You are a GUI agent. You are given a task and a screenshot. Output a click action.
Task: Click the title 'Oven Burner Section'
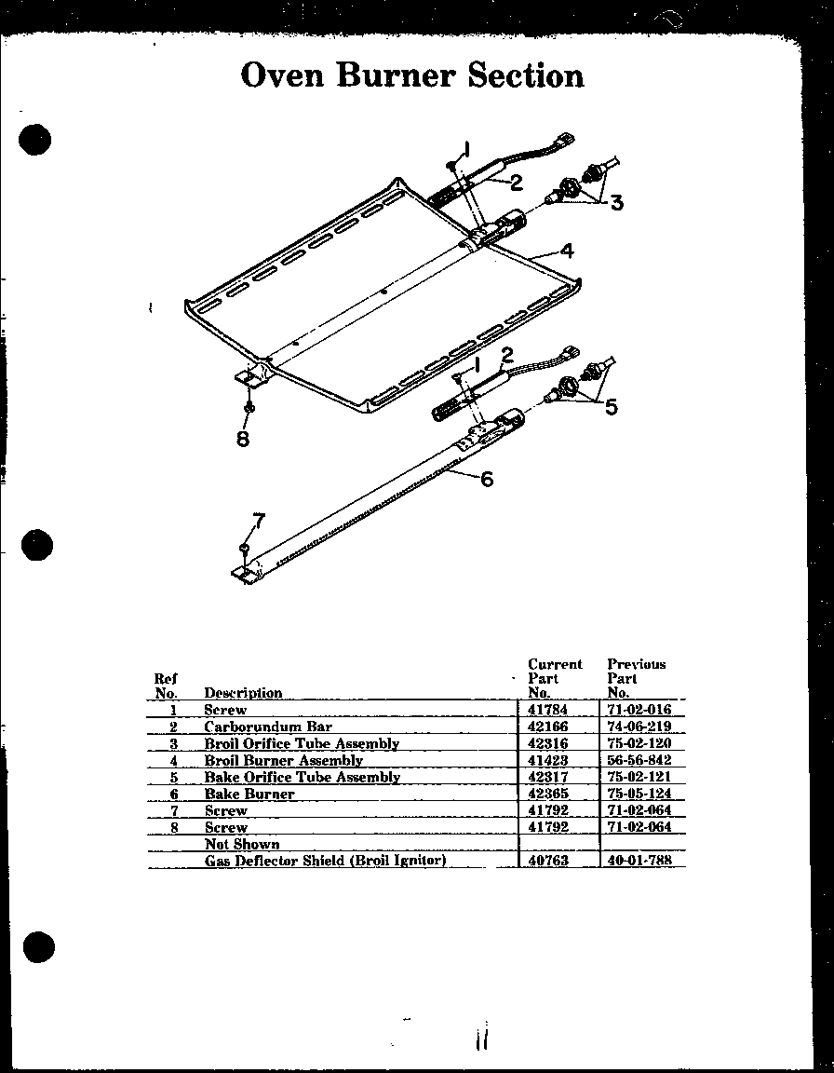point(412,75)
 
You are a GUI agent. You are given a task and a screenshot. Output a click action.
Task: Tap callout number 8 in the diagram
point(243,440)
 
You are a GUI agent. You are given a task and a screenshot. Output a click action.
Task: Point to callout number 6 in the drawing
point(486,479)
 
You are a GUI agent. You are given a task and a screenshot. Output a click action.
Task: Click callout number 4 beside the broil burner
point(566,250)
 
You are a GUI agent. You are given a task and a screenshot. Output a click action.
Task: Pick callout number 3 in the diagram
point(616,203)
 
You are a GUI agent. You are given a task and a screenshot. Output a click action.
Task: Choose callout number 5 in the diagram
point(611,407)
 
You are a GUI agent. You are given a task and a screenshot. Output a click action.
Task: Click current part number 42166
point(547,727)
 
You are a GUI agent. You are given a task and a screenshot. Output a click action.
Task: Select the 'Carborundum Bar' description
point(268,727)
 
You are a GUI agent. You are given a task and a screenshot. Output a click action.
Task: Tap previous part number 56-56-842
point(639,760)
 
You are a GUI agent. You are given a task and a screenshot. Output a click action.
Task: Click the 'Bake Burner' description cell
point(249,795)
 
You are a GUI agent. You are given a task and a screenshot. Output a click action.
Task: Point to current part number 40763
point(547,862)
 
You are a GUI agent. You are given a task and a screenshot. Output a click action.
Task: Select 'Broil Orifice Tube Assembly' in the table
point(302,743)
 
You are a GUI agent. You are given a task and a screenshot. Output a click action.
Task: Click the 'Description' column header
point(243,693)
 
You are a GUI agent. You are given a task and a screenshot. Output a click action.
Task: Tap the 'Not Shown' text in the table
point(242,844)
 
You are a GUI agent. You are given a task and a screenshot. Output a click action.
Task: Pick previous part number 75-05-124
point(639,795)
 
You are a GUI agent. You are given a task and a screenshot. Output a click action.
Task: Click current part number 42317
point(547,777)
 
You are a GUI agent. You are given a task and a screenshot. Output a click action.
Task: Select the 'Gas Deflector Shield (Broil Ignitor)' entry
point(325,861)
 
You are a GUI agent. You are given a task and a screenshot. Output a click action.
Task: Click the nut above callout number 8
point(248,408)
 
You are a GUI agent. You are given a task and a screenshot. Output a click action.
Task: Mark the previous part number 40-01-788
point(639,862)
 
